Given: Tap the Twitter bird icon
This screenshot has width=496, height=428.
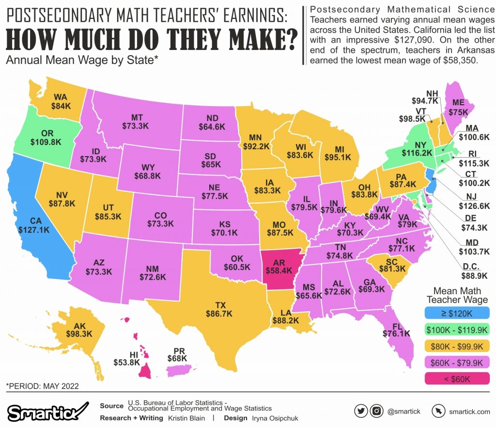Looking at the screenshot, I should (x=360, y=411).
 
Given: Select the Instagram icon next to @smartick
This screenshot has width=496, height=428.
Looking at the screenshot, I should (x=376, y=411).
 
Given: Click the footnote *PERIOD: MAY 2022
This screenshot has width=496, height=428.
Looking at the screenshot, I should (x=42, y=386).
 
